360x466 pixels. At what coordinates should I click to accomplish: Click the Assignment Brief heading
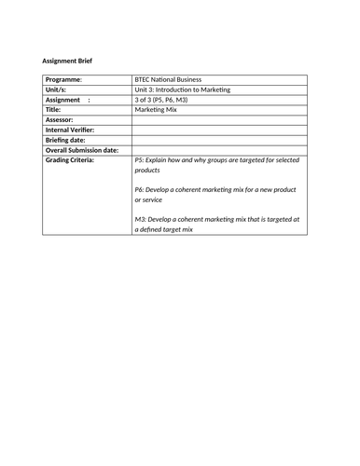point(67,62)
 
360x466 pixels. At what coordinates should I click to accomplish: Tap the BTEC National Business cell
point(168,80)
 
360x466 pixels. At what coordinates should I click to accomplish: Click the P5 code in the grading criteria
point(140,160)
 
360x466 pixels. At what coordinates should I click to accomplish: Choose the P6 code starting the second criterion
point(140,190)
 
